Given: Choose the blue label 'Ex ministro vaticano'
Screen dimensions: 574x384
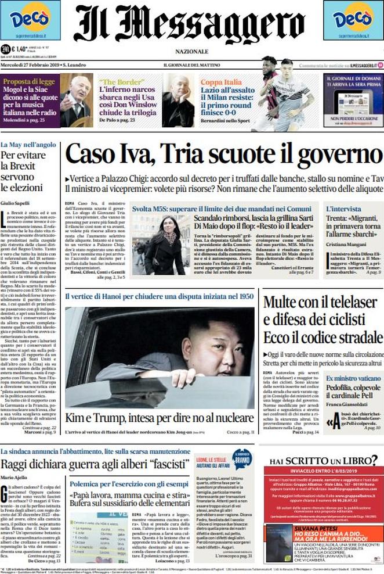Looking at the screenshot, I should coord(353,379).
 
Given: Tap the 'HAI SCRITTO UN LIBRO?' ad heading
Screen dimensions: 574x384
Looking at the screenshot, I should coord(323,461).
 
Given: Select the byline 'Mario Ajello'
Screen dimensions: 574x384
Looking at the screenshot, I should coord(15,478).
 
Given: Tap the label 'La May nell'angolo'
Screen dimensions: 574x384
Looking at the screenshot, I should coord(28,144).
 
